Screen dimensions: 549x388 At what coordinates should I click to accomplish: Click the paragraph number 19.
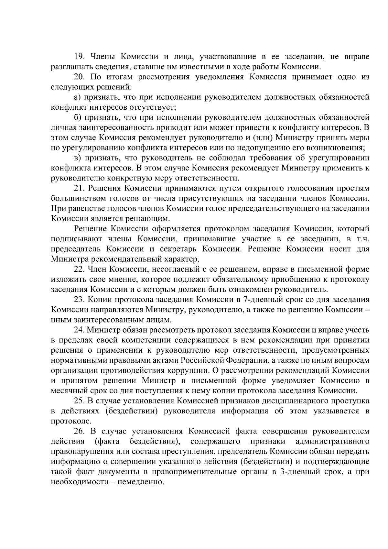pyautogui.click(x=79, y=57)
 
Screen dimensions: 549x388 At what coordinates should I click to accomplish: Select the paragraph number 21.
pyautogui.click(x=79, y=188)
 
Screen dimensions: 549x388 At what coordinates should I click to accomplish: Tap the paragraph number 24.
pyautogui.click(x=79, y=330)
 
